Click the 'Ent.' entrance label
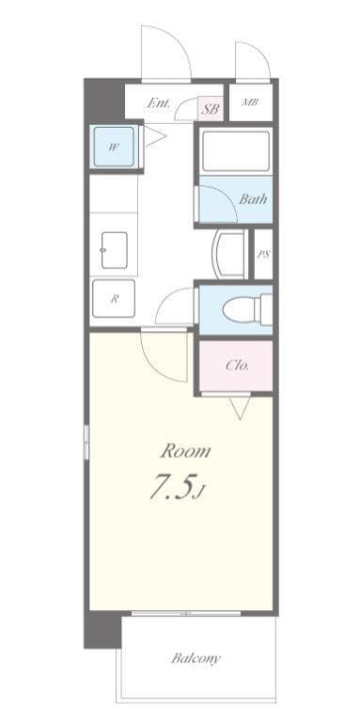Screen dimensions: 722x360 [x=158, y=104]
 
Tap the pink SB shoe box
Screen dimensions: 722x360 [x=211, y=109]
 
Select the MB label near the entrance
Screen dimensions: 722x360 [x=249, y=102]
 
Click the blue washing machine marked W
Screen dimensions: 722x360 [x=113, y=147]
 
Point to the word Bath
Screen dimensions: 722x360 [x=252, y=199]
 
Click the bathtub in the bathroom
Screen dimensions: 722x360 [x=235, y=152]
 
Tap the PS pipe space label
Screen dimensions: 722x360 [x=263, y=254]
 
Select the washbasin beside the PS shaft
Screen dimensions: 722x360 [x=228, y=254]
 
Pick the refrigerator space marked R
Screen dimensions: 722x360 [x=114, y=300]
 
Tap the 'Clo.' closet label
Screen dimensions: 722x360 [x=237, y=366]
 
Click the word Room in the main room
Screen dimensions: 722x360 [x=184, y=450]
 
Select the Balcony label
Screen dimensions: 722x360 [x=196, y=658]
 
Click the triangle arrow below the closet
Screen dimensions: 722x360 [x=240, y=408]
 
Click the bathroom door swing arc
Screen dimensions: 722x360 [x=213, y=200]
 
